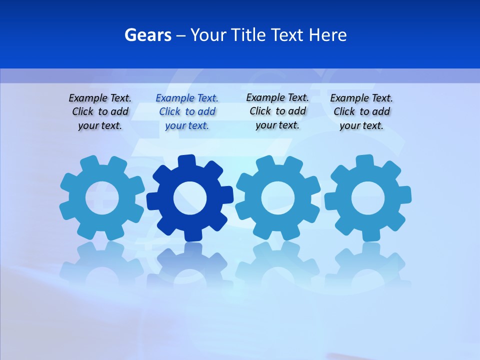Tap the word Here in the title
[x=327, y=35]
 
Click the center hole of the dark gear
[x=189, y=198]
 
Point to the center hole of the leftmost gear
[x=102, y=198]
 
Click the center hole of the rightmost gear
[x=367, y=198]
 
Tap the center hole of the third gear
[x=277, y=198]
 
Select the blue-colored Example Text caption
[x=187, y=112]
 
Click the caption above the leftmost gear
[x=100, y=112]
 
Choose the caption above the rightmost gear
[x=361, y=112]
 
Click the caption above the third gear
[x=277, y=111]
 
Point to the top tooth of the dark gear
[x=186, y=161]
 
